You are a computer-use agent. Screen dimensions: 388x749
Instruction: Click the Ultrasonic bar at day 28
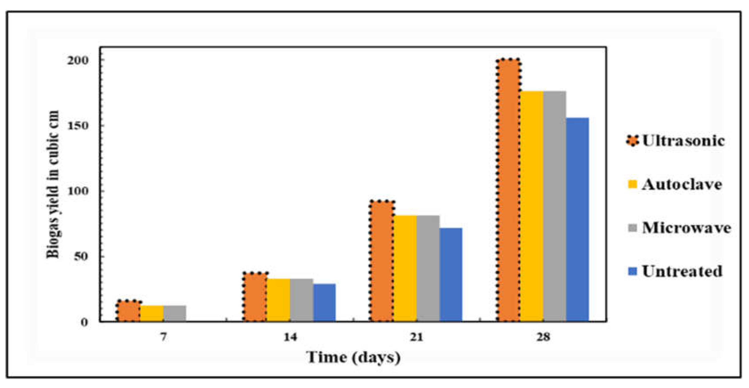pyautogui.click(x=508, y=190)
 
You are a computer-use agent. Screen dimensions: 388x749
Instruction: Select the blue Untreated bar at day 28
pyautogui.click(x=577, y=220)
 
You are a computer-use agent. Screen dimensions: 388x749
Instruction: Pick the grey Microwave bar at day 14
pyautogui.click(x=302, y=300)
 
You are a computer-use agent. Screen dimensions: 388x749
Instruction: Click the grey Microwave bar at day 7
pyautogui.click(x=175, y=313)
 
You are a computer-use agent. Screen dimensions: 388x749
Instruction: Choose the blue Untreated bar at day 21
pyautogui.click(x=451, y=274)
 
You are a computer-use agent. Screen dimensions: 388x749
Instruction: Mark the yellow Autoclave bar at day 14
pyautogui.click(x=278, y=300)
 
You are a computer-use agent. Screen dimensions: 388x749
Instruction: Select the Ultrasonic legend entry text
pyautogui.click(x=683, y=141)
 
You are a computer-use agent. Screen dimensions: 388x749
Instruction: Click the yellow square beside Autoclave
pyautogui.click(x=632, y=184)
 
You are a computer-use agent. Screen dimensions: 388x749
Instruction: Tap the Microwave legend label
pyautogui.click(x=686, y=228)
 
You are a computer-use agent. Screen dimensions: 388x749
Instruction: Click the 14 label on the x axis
pyautogui.click(x=290, y=337)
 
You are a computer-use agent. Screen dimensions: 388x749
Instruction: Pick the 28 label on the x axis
pyautogui.click(x=543, y=337)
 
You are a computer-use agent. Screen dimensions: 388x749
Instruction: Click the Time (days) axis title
pyautogui.click(x=353, y=357)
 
